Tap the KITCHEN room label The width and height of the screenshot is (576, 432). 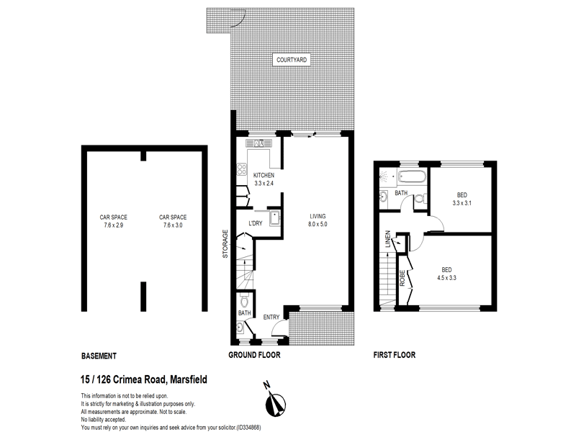(264, 176)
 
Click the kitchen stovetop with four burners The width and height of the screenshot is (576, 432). (240, 171)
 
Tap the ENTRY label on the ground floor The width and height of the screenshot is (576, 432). (271, 318)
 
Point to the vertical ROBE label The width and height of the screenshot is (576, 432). (402, 278)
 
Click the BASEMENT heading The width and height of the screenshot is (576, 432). (99, 356)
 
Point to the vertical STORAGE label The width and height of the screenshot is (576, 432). (225, 243)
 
